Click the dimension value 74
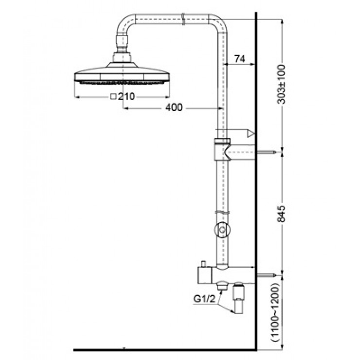click(238, 59)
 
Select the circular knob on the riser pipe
click(222, 229)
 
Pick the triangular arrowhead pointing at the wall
click(251, 133)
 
